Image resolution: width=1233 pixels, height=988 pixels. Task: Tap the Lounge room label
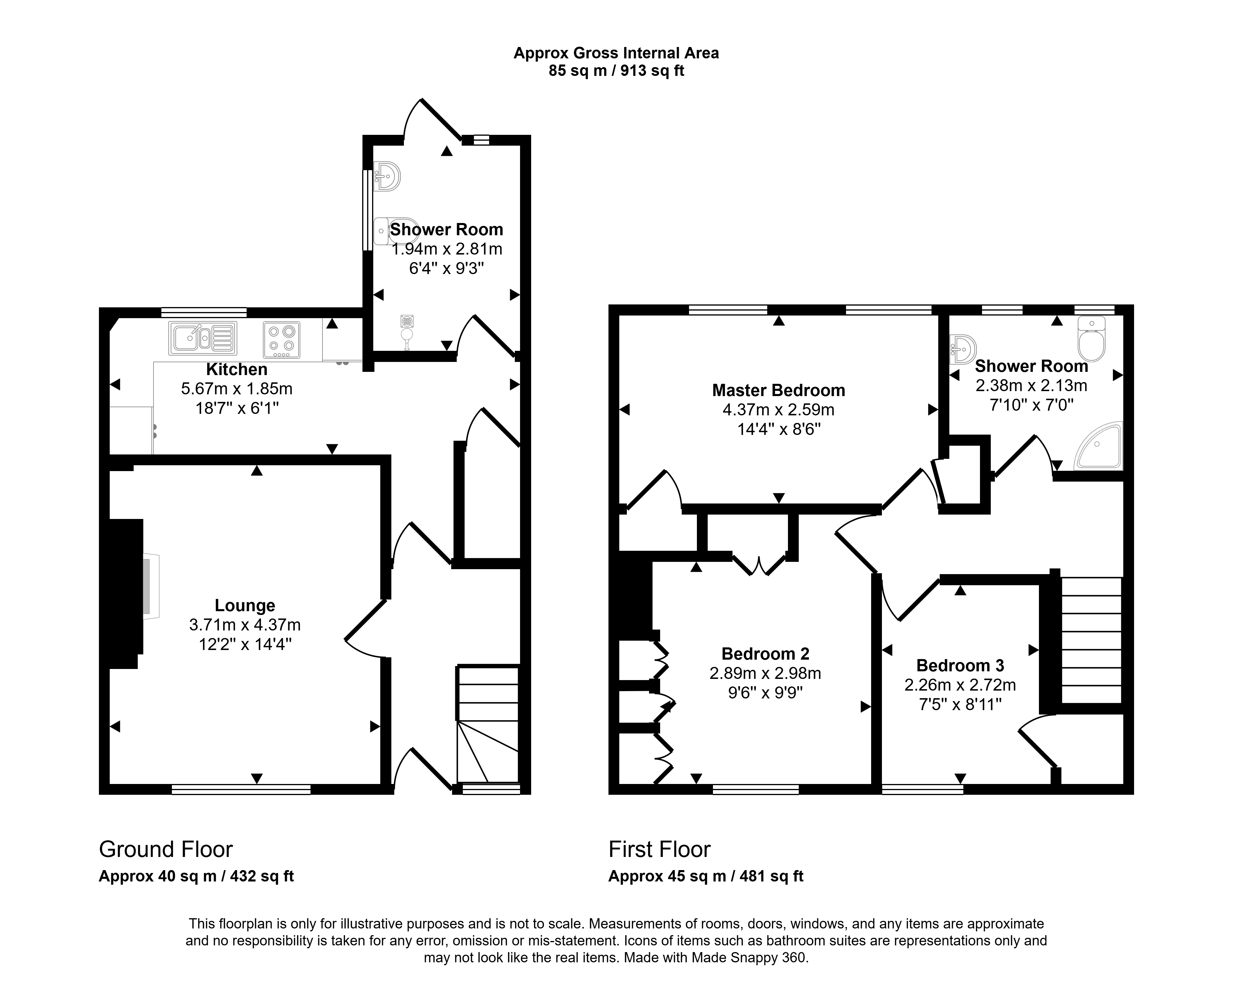pyautogui.click(x=245, y=605)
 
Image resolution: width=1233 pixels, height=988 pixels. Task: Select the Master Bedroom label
pyautogui.click(x=778, y=390)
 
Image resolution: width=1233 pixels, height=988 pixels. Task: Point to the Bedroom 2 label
pyautogui.click(x=765, y=653)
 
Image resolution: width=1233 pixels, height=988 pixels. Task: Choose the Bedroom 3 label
pyautogui.click(x=960, y=665)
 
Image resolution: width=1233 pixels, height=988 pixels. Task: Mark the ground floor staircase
pyautogui.click(x=488, y=724)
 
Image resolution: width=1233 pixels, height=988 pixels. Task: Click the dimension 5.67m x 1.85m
pyautogui.click(x=237, y=389)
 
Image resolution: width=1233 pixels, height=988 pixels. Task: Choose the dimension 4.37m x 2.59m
pyautogui.click(x=778, y=410)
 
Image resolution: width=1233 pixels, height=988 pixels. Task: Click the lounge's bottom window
pyautogui.click(x=241, y=790)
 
